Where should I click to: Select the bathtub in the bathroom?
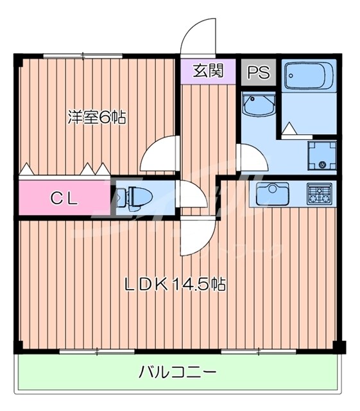[x=305, y=77]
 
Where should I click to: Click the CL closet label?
[x=64, y=198]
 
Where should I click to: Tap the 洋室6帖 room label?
[x=96, y=118]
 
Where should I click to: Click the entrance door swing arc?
[x=196, y=35]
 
